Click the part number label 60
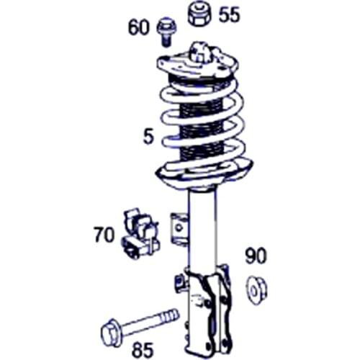(138, 28)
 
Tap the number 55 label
(229, 14)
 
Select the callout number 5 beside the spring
(148, 136)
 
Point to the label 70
(104, 234)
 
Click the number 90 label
(256, 256)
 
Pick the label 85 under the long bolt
(143, 349)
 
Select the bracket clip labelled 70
(139, 233)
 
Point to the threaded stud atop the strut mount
(199, 52)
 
